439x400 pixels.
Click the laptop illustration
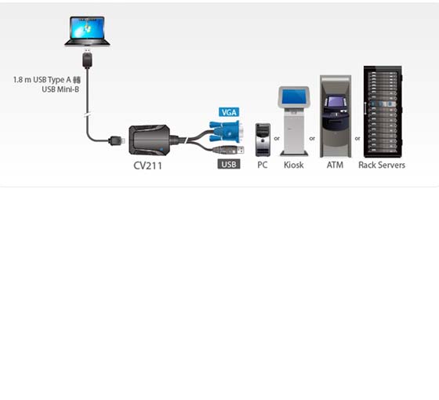point(87,31)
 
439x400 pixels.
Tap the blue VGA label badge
point(229,112)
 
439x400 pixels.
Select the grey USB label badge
point(229,164)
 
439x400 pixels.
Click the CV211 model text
point(148,165)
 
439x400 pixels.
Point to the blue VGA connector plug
point(227,131)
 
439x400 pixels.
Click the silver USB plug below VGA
point(228,150)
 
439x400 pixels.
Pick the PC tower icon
point(263,140)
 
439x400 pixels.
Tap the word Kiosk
point(293,165)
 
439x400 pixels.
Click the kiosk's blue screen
point(294,97)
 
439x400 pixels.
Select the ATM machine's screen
point(336,101)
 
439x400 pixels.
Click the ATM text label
point(335,165)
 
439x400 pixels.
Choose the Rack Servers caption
point(382,165)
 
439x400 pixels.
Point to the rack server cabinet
point(383,111)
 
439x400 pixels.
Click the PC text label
point(263,165)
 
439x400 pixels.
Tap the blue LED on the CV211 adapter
point(161,149)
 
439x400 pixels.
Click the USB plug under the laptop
point(87,58)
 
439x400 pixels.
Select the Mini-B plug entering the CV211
point(117,140)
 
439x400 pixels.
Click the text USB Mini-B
point(60,89)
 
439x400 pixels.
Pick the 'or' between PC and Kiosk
point(277,138)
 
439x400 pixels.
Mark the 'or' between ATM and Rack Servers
point(357,138)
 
